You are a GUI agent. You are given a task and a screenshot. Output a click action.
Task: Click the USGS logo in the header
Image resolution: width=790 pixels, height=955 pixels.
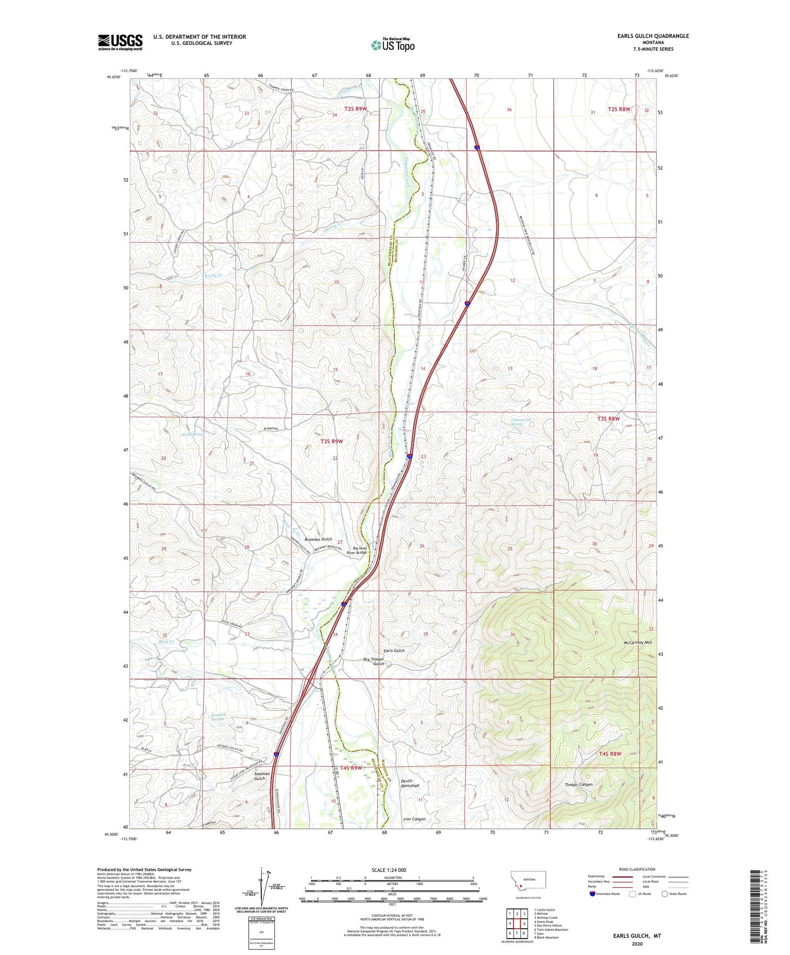(120, 42)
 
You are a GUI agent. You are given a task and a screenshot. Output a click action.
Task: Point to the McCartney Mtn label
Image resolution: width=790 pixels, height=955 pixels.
(637, 643)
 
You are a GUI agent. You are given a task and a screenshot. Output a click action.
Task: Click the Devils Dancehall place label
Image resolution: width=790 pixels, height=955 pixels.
(410, 783)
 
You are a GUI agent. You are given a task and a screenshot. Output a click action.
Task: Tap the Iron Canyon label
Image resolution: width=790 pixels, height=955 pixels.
(414, 819)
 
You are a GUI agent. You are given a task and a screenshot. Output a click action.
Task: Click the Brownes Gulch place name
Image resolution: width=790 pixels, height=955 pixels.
(318, 539)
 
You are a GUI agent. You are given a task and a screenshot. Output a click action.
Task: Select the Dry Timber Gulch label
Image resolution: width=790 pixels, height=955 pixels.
(374, 662)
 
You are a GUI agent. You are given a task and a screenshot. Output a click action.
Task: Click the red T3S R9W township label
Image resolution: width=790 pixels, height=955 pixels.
(331, 441)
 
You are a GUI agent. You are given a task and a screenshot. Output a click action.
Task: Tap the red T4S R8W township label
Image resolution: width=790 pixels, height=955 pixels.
(610, 754)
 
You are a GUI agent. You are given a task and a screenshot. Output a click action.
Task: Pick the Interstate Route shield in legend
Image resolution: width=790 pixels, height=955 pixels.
(593, 894)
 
